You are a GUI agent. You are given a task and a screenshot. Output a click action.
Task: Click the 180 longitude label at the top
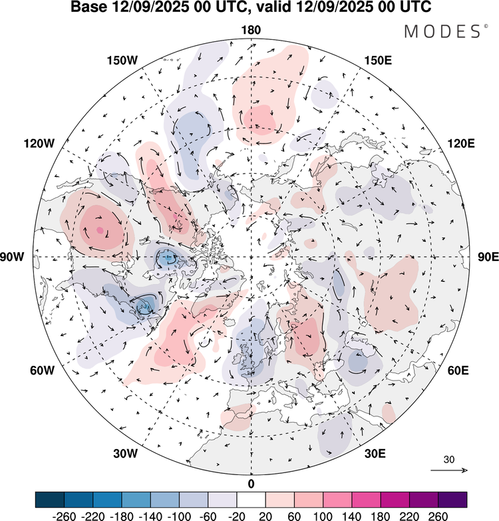tap(251, 30)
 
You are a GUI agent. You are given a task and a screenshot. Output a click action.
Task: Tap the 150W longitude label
tap(122, 61)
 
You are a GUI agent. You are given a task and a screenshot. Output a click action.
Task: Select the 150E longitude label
tap(379, 61)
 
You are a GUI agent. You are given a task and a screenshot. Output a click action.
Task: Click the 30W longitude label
tap(125, 454)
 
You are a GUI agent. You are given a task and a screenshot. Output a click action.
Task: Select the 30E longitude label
tap(375, 454)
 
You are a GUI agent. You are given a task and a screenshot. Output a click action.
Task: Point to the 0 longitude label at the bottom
tap(251, 483)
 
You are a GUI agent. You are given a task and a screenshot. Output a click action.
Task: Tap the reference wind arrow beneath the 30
tap(450, 470)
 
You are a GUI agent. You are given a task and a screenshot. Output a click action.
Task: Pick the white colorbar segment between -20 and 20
tap(251, 499)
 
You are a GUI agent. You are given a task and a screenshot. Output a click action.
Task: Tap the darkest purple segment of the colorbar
tap(452, 499)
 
